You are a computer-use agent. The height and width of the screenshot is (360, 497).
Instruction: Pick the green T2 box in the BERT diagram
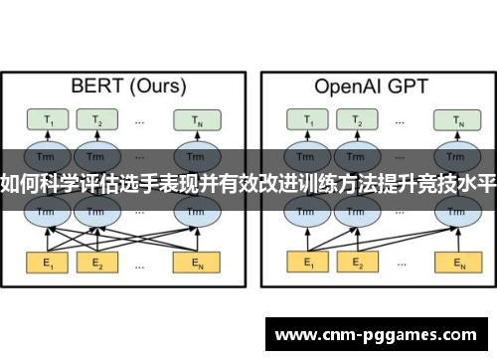click(x=97, y=120)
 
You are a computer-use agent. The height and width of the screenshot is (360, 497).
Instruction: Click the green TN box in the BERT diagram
click(x=190, y=120)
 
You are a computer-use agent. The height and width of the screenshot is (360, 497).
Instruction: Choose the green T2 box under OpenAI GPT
click(x=356, y=120)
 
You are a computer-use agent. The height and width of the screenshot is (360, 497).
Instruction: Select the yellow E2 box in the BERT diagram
click(x=97, y=265)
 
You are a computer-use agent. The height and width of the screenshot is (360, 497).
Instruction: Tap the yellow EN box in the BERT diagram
click(x=190, y=265)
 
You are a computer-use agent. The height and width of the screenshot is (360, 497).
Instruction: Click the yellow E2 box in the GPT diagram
click(x=356, y=265)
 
